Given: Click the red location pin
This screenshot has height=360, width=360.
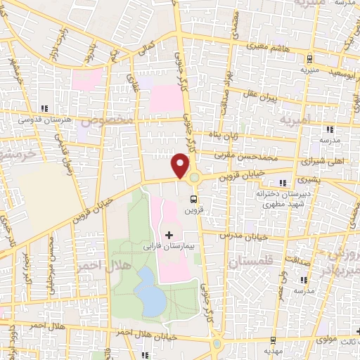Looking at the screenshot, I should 181,165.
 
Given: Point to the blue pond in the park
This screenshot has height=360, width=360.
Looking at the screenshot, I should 150,291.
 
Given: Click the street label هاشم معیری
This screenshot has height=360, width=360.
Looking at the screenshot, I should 274,47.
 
